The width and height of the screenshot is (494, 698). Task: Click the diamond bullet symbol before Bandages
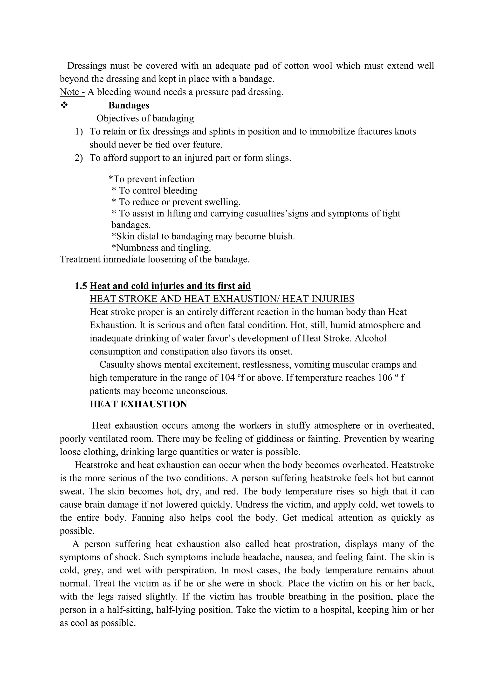(64, 105)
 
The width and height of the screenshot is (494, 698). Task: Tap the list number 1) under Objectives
(79, 131)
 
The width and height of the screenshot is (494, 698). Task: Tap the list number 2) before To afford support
(79, 158)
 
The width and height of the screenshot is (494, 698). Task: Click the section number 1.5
(81, 286)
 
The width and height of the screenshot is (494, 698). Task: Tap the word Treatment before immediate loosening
(80, 259)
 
